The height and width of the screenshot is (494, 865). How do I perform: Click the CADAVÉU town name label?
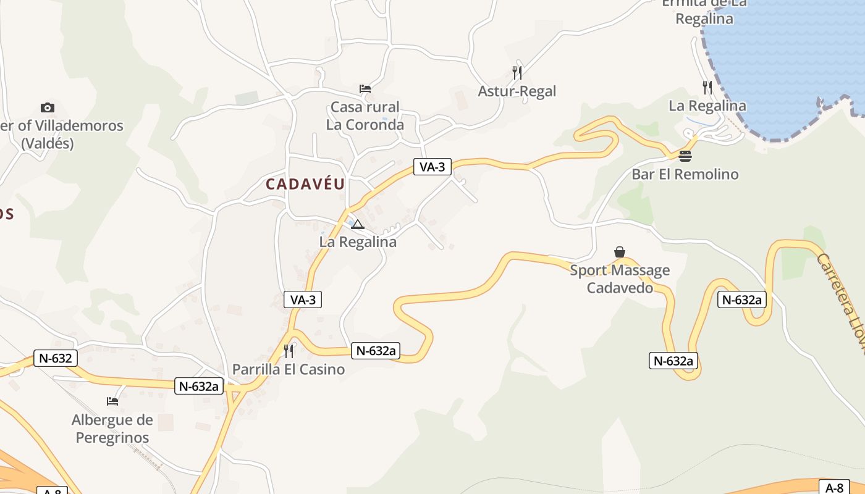click(305, 184)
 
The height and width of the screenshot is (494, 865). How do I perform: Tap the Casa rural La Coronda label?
click(365, 116)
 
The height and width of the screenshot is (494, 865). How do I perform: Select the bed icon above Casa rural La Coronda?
click(365, 89)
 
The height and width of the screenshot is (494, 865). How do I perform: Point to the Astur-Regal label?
click(517, 91)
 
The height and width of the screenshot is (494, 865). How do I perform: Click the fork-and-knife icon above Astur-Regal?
click(517, 73)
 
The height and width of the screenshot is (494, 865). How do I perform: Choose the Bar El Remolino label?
click(685, 174)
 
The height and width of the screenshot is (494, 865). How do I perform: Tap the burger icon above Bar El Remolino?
click(685, 156)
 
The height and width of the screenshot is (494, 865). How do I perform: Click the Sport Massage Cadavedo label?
click(620, 279)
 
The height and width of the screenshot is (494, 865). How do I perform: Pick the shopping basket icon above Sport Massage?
click(620, 252)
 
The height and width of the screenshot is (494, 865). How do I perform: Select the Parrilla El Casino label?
click(288, 369)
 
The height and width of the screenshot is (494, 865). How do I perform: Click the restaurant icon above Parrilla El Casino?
click(289, 351)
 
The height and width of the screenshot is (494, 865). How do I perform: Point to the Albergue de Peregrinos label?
click(112, 429)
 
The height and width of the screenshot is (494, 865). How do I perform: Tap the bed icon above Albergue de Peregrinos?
click(112, 401)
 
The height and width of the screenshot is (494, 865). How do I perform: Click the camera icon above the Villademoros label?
click(48, 108)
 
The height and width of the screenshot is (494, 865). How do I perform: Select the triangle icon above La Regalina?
click(358, 224)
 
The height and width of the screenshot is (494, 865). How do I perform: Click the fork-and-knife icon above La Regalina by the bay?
click(707, 88)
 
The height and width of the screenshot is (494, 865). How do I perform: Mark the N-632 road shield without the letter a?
click(56, 358)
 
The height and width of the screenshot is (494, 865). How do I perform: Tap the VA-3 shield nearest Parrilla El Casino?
click(303, 300)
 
